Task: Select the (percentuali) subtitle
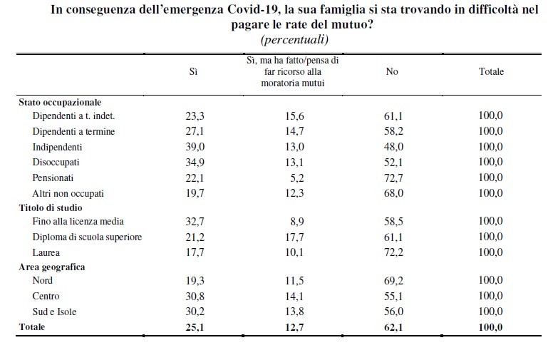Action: pos(294,38)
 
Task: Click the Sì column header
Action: pos(193,72)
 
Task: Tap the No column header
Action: pos(391,72)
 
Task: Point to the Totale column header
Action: pos(490,72)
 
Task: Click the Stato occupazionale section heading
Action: pos(59,103)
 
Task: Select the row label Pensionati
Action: pos(53,178)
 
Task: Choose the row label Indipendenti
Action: pos(57,147)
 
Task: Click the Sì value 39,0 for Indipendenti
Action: pos(194,147)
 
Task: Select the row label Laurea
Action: pos(46,252)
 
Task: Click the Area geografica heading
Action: pos(52,267)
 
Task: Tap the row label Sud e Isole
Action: pos(55,312)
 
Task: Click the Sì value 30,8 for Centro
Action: pos(194,296)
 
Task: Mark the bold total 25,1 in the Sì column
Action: pos(194,327)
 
